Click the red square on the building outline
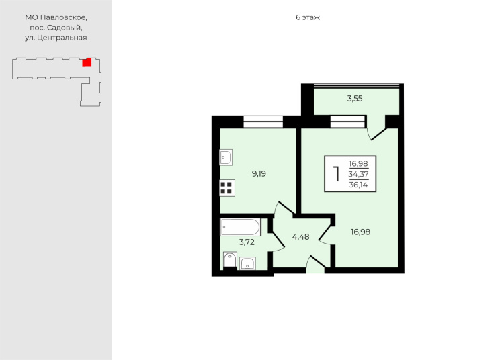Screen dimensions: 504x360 87,62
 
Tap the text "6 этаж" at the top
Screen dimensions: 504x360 308,17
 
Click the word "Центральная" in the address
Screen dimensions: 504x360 62,38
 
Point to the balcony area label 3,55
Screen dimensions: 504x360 355,99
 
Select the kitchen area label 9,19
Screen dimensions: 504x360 259,174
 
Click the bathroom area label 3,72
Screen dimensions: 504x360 247,242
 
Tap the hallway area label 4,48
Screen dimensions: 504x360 300,237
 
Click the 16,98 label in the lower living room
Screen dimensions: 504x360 360,232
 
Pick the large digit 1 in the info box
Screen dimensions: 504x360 337,174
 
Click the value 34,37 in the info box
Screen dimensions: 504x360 358,175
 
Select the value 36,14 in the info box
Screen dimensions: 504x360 358,185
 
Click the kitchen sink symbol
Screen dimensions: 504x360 226,157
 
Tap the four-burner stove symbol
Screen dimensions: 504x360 227,188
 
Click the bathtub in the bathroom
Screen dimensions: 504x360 241,227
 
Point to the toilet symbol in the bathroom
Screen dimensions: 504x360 230,260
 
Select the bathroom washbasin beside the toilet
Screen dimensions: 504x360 247,263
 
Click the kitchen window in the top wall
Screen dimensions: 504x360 263,122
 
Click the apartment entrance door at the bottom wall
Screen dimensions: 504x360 315,265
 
